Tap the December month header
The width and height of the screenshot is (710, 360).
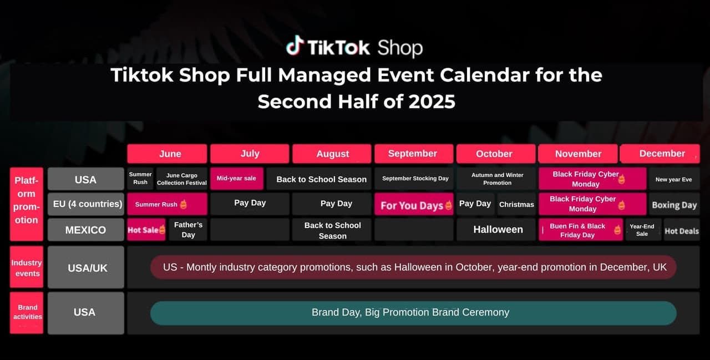tap(660, 154)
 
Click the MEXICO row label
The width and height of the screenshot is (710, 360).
tap(86, 230)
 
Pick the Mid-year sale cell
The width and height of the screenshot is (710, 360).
tap(236, 179)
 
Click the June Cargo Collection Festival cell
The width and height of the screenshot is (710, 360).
tap(181, 179)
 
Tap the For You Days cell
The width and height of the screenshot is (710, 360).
tap(414, 204)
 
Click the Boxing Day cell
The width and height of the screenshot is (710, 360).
tap(674, 205)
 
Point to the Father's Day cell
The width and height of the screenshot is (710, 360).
tap(188, 230)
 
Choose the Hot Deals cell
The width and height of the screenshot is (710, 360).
tap(682, 231)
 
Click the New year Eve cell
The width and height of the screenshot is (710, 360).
tap(674, 179)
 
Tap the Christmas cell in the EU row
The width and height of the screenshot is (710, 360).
tap(516, 204)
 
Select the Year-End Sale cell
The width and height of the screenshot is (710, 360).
tap(642, 230)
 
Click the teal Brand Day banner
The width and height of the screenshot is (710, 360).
tap(413, 313)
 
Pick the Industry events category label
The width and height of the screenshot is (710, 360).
tap(27, 267)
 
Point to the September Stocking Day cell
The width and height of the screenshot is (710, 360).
tap(414, 179)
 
